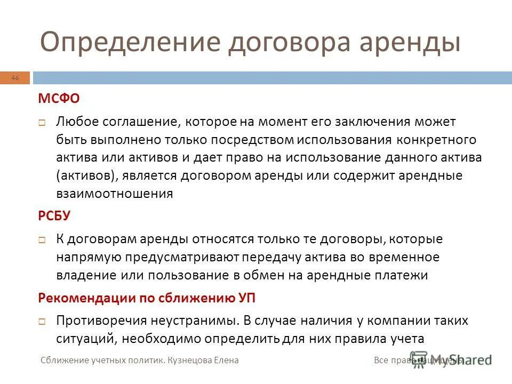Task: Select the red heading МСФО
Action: tap(58, 99)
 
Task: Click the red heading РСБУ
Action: tap(54, 217)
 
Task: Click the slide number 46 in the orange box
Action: tap(15, 78)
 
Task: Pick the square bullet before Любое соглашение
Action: tap(42, 123)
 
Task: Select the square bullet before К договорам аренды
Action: tap(42, 240)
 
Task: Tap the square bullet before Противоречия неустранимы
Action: tap(42, 322)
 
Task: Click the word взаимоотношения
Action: tap(115, 194)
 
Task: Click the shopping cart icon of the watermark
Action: tap(419, 359)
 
